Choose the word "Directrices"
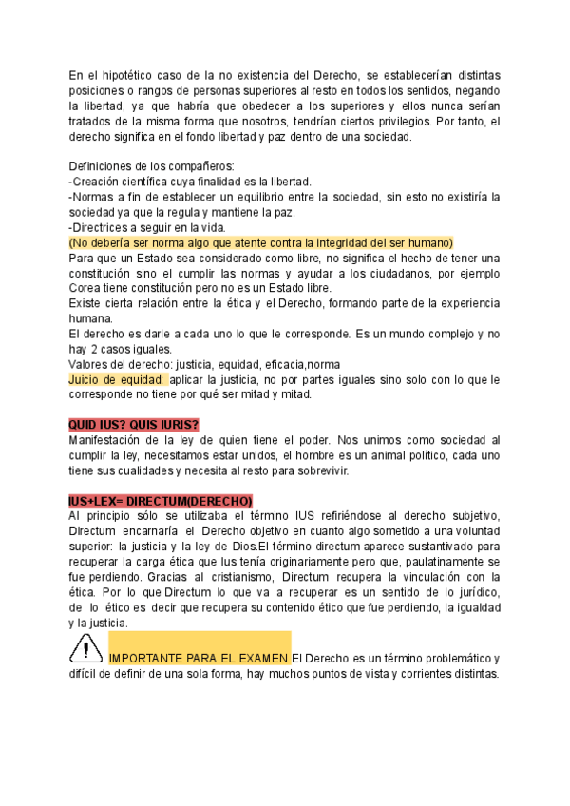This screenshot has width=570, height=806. point(105,227)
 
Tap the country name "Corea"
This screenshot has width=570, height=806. point(87,288)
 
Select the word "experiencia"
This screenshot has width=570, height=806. point(461,303)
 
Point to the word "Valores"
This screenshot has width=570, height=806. point(91,364)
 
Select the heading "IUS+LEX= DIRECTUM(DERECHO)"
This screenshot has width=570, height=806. point(161,501)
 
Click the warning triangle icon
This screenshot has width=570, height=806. point(86,650)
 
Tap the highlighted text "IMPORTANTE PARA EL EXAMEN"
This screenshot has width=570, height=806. point(199,658)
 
